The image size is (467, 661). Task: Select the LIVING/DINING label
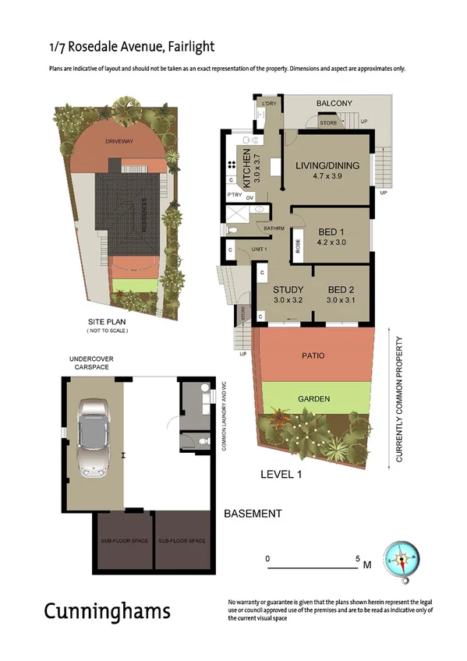(x=327, y=165)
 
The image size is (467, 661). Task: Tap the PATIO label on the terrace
(x=313, y=355)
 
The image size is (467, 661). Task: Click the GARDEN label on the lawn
(x=313, y=399)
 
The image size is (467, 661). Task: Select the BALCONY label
(x=334, y=103)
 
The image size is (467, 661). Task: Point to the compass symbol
(x=405, y=560)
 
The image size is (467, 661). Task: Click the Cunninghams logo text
(x=107, y=610)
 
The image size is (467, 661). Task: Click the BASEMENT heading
(x=253, y=514)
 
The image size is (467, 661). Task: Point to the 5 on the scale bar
(x=358, y=559)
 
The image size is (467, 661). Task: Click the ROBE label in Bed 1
(x=298, y=245)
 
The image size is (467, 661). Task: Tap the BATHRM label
(x=272, y=228)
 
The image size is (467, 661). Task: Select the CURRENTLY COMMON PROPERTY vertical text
(x=399, y=400)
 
